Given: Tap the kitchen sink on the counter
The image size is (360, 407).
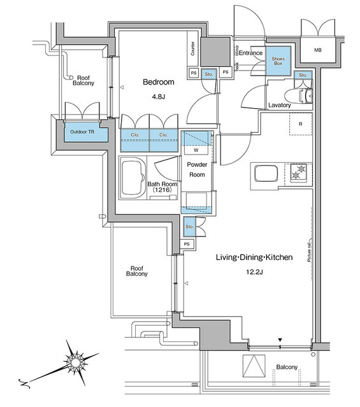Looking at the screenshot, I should [263, 173].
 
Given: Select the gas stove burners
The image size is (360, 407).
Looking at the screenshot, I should [298, 172].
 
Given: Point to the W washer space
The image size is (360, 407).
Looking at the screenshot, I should [196, 151].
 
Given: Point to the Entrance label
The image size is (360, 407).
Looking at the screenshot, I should [251, 53].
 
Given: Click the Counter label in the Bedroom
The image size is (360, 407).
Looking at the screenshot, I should [192, 48].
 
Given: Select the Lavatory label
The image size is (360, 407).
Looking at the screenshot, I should [280, 105].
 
